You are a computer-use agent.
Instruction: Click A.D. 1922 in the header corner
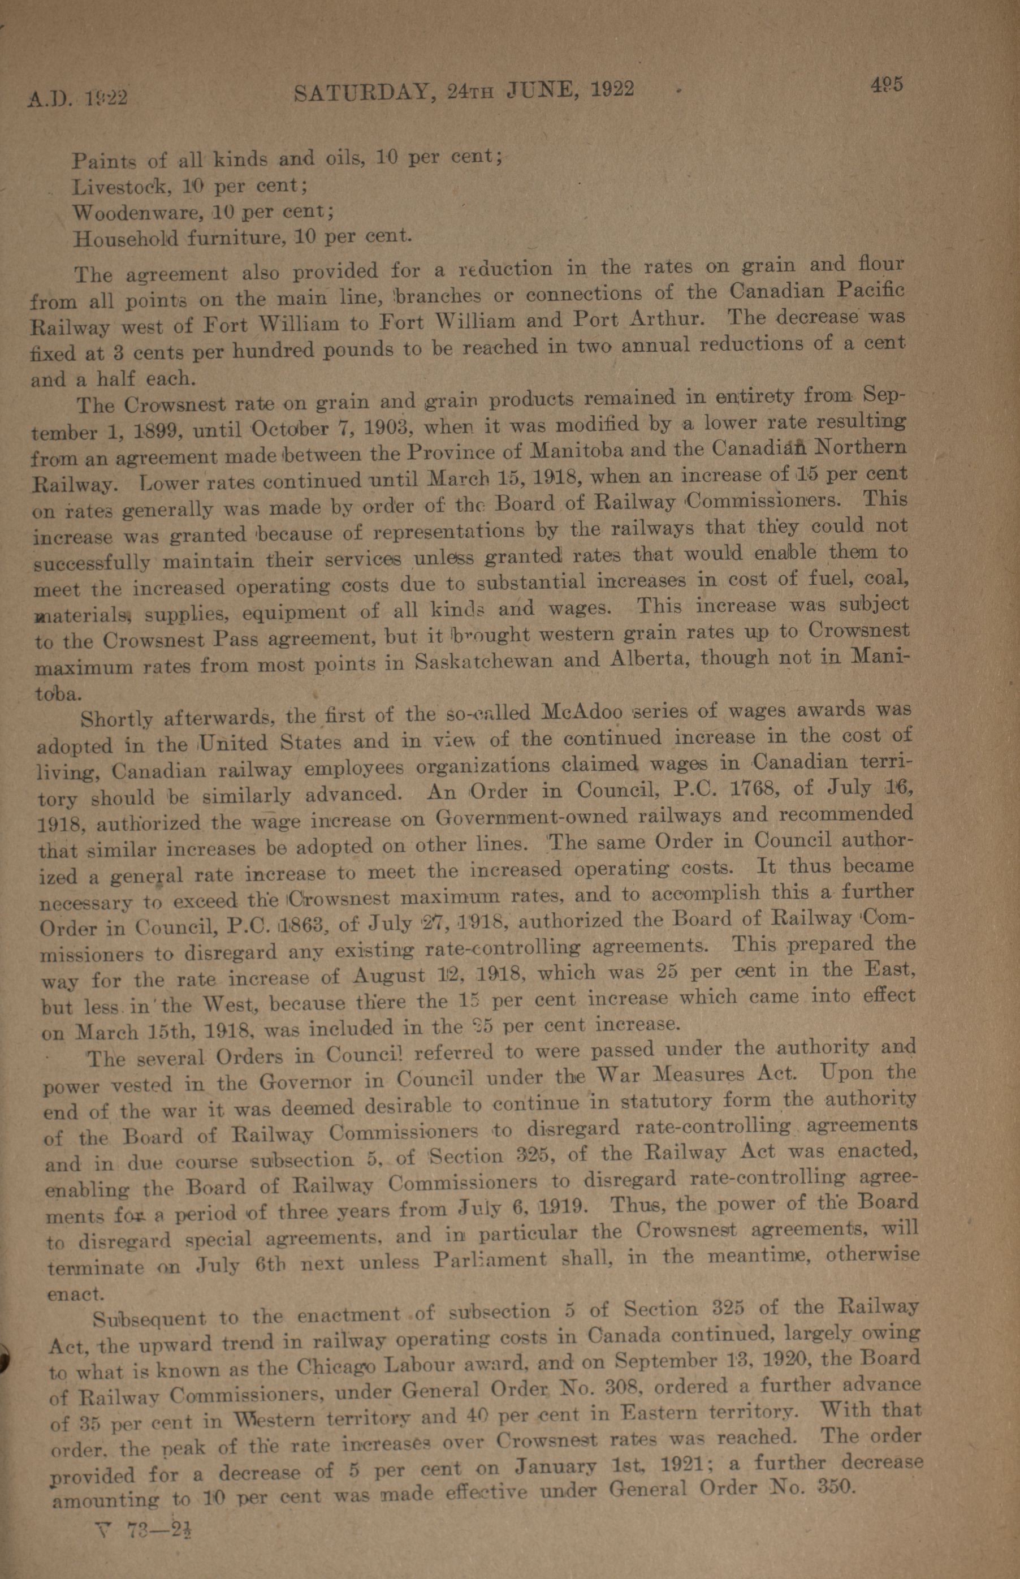77,98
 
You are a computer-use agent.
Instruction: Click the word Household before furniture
125,239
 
